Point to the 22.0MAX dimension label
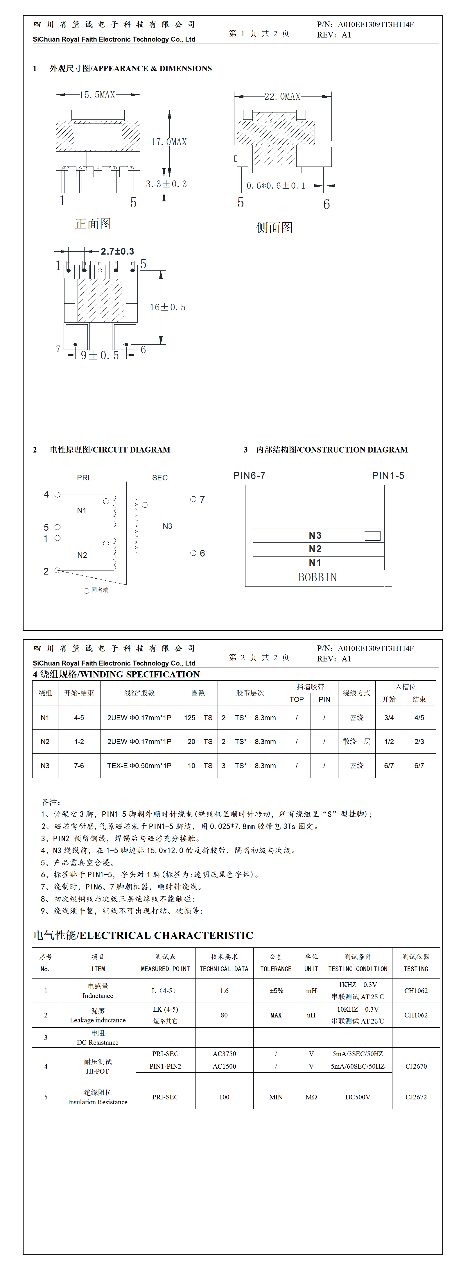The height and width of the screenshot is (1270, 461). click(282, 96)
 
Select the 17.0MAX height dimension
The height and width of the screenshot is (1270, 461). click(168, 142)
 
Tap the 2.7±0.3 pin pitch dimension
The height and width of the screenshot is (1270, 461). click(117, 251)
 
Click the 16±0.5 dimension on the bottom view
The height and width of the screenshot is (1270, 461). click(168, 307)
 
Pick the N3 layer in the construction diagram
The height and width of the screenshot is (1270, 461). click(315, 535)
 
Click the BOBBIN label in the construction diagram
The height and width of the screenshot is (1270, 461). click(318, 577)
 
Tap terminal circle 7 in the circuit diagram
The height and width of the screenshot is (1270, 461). click(193, 499)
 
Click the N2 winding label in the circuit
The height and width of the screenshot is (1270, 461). click(82, 555)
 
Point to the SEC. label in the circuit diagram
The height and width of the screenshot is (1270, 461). click(161, 478)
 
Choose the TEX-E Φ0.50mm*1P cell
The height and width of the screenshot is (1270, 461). click(139, 766)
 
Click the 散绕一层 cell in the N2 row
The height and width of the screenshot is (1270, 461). click(356, 741)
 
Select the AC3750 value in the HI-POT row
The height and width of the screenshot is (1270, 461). click(224, 1053)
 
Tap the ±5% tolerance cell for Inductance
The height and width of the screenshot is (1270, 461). click(276, 990)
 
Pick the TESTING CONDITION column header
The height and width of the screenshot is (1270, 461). click(358, 969)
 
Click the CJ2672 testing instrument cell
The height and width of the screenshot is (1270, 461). click(416, 1097)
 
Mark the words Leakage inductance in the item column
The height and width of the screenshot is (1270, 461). click(98, 1020)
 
